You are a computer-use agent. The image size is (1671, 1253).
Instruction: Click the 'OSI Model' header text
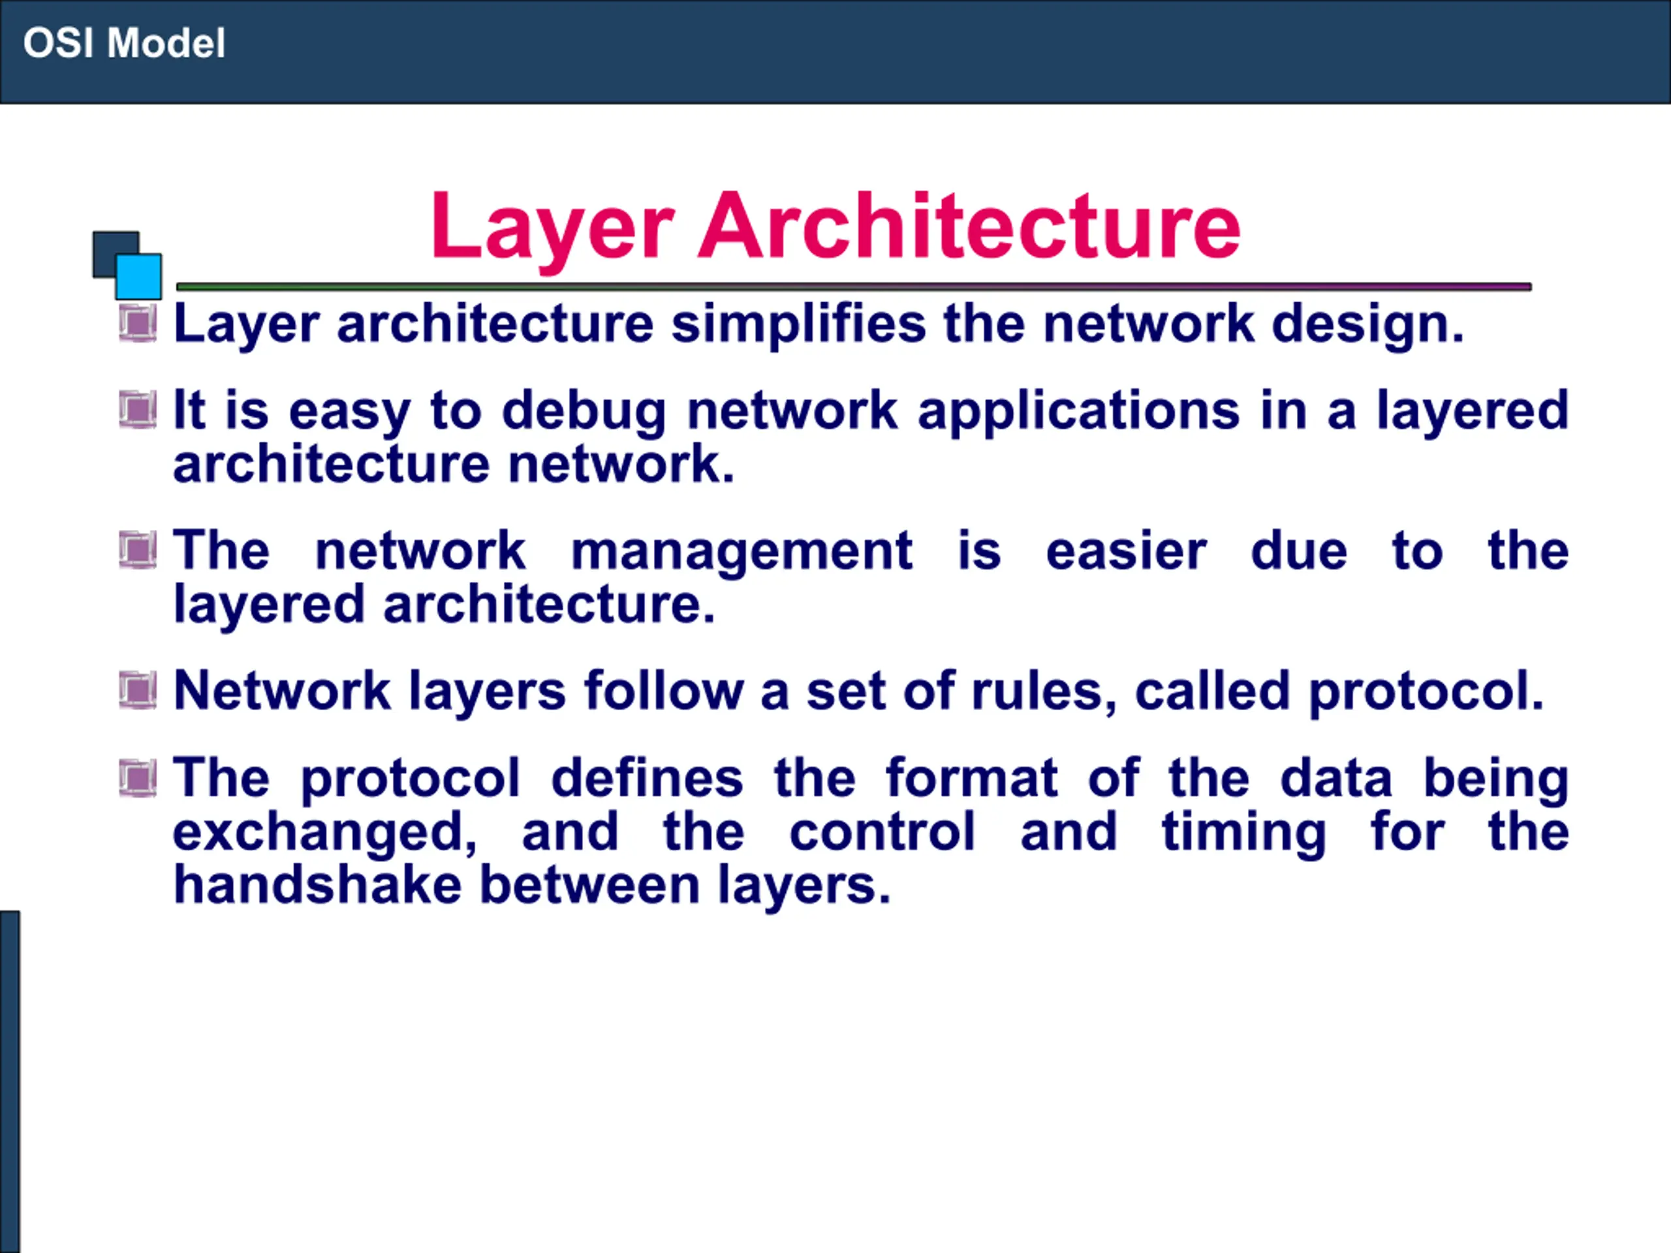pos(124,43)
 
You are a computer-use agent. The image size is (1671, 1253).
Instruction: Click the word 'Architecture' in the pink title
pos(969,226)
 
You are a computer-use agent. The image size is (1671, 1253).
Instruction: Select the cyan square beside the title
pos(138,277)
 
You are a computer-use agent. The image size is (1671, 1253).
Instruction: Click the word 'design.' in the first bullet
pos(1368,325)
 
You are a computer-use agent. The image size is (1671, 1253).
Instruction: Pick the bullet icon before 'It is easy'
pos(138,410)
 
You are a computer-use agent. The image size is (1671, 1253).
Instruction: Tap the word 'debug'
pos(584,412)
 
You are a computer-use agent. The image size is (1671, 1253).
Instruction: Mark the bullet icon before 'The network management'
pos(138,550)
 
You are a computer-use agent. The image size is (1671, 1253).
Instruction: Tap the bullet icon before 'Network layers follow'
pos(138,690)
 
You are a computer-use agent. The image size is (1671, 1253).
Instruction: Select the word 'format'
pos(971,779)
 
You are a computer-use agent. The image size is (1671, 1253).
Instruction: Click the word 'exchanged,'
pos(325,834)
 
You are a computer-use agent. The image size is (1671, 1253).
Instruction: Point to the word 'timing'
pos(1243,834)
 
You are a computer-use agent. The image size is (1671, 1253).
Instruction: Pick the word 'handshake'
pos(317,885)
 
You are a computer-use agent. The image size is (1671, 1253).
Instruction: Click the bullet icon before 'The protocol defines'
pos(138,778)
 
